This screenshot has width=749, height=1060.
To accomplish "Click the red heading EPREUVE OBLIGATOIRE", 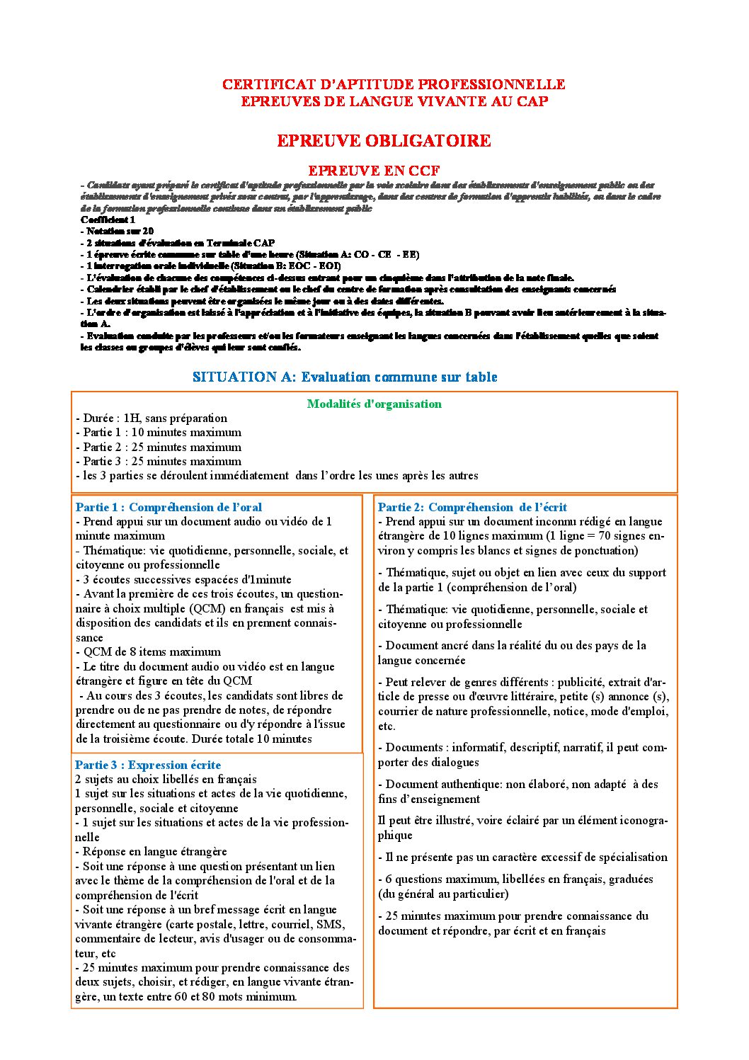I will tap(384, 141).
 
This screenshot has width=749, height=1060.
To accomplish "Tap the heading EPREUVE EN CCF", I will tap(374, 171).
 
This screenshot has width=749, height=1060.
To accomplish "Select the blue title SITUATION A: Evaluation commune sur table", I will tap(345, 377).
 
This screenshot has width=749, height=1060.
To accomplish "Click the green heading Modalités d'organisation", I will tap(374, 404).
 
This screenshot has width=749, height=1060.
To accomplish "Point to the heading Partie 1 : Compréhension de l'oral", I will tap(168, 508).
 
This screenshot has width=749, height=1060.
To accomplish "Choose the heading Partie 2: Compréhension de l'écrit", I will tap(472, 508).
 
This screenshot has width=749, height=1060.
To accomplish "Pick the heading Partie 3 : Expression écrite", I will tap(148, 765).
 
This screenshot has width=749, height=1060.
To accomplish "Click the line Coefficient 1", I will tap(108, 220).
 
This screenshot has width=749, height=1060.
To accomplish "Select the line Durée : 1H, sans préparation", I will tap(151, 418).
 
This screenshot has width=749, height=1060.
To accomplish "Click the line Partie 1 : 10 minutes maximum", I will tap(159, 433).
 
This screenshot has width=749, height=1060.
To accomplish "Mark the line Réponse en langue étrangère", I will tap(151, 852).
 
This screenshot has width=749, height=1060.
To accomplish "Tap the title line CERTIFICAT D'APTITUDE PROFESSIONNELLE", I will tap(394, 84).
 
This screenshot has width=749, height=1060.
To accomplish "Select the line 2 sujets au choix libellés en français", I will tap(166, 780).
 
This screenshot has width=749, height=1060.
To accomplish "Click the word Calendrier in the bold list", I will tap(113, 289).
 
